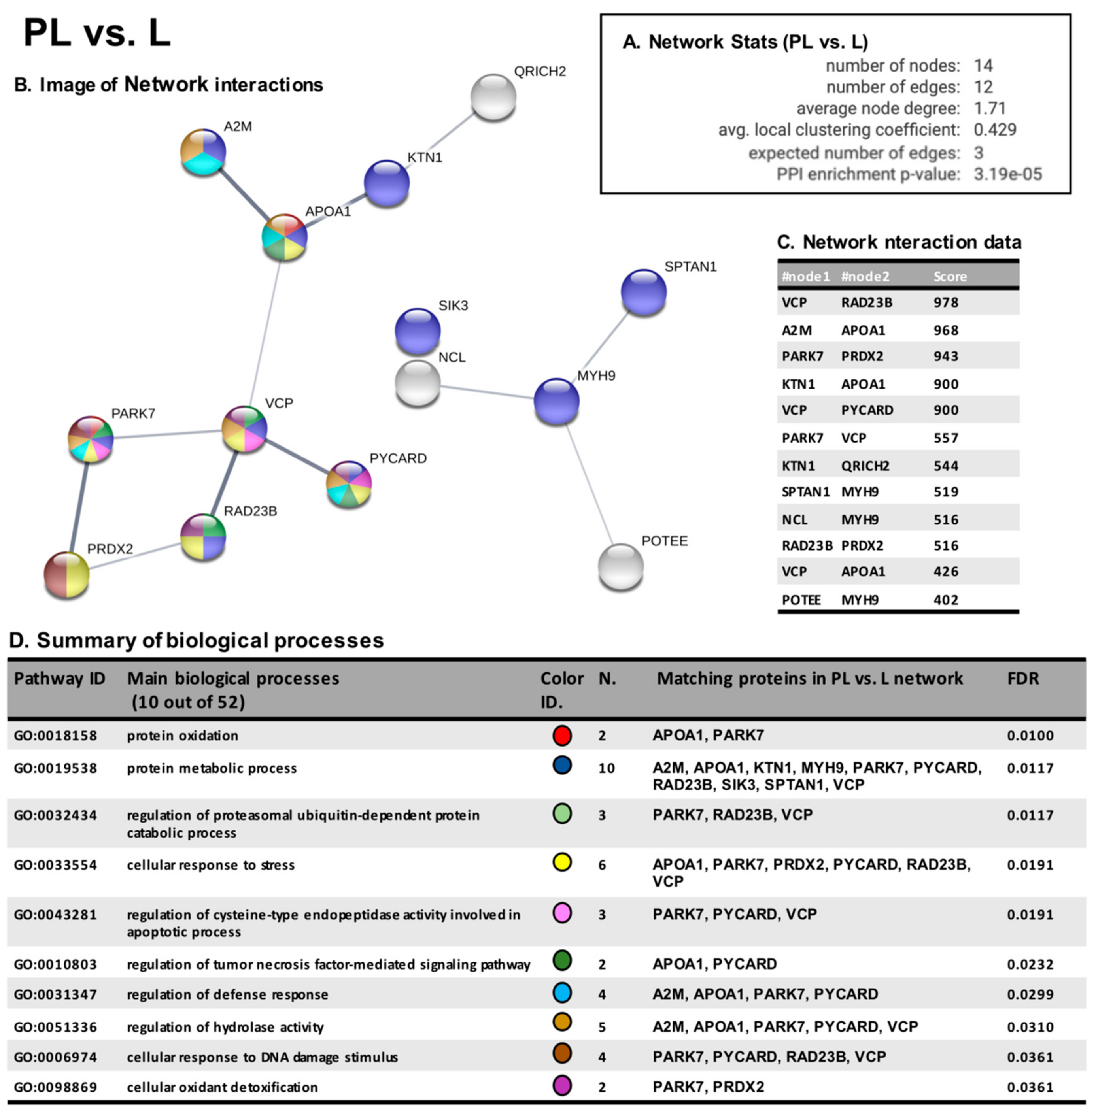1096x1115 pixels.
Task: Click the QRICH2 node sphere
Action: tap(493, 97)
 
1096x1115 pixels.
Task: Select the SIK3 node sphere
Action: tap(418, 331)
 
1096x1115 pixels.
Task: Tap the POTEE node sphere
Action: tap(620, 567)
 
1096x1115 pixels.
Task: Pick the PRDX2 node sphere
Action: tap(67, 575)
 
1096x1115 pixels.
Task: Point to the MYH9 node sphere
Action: tap(556, 401)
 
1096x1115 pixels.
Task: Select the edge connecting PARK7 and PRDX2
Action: tap(79, 506)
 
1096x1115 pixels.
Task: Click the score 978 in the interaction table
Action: tap(946, 303)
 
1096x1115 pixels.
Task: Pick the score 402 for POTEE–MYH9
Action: tap(946, 600)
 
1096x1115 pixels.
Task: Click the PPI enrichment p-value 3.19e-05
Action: tap(1007, 174)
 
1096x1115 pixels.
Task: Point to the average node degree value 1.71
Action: tap(990, 108)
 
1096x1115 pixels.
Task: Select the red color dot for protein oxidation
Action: tap(562, 735)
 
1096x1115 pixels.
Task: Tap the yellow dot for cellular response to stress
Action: tap(562, 862)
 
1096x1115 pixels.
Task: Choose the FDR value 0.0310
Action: tap(1030, 1027)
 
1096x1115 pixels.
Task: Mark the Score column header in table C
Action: tap(950, 277)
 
